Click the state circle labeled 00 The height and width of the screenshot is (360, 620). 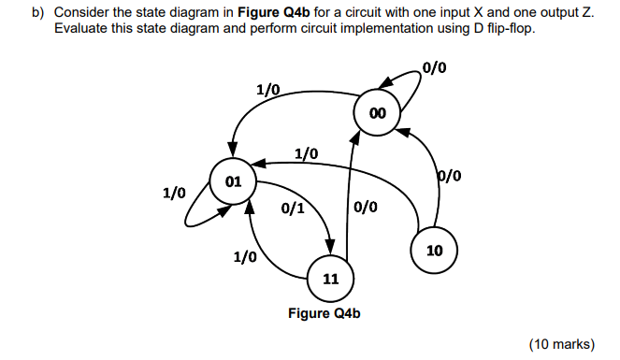pyautogui.click(x=377, y=113)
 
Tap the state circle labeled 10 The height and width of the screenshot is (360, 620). pyautogui.click(x=433, y=251)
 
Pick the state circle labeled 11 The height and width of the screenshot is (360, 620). pyautogui.click(x=330, y=279)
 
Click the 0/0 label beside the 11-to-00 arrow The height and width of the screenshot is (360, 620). pyautogui.click(x=366, y=208)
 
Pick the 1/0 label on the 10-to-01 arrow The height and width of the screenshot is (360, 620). pyautogui.click(x=306, y=152)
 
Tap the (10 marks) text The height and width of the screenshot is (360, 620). pyautogui.click(x=561, y=344)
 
